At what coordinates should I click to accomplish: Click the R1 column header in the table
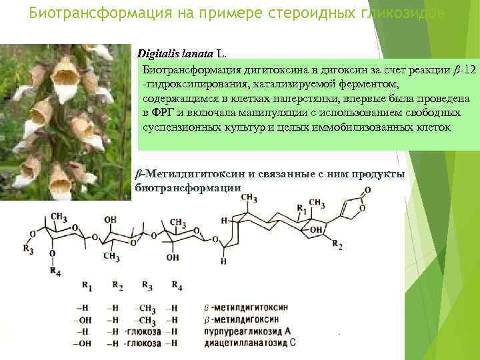click(87, 285)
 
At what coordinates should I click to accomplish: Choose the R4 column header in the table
click(176, 285)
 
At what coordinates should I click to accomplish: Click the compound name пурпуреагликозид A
click(249, 331)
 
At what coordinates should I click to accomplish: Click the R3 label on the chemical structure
click(28, 249)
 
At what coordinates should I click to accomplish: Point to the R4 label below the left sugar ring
click(55, 271)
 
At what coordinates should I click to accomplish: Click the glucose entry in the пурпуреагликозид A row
click(144, 331)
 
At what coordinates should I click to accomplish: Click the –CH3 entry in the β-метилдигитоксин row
click(145, 308)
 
